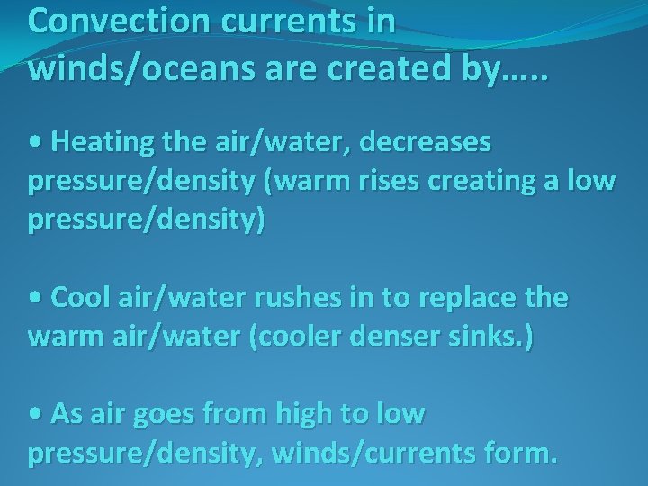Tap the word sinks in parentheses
click(x=487, y=338)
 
